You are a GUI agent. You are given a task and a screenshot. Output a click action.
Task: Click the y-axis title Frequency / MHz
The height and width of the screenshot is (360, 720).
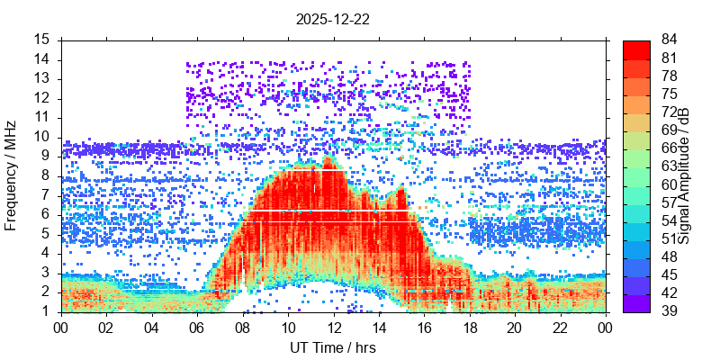coord(12,175)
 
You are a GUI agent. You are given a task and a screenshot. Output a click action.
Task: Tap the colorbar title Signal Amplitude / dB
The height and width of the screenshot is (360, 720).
coord(684,175)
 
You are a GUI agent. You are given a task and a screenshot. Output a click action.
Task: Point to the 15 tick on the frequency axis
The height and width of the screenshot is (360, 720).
coord(41,40)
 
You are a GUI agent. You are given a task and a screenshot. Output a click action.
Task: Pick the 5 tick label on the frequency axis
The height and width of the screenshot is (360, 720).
coord(45,234)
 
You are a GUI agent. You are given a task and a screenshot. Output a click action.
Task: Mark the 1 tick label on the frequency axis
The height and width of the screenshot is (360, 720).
coord(45,311)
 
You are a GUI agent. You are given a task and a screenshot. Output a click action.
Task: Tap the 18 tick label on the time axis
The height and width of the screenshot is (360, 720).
coord(469,328)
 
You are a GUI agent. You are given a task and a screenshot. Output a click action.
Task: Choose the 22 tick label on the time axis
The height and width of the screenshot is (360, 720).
coord(560,328)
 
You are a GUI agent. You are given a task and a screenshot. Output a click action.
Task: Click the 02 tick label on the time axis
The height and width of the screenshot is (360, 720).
coord(107,328)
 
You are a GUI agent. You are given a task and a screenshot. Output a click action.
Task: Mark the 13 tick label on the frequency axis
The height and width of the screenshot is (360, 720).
coord(41,79)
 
